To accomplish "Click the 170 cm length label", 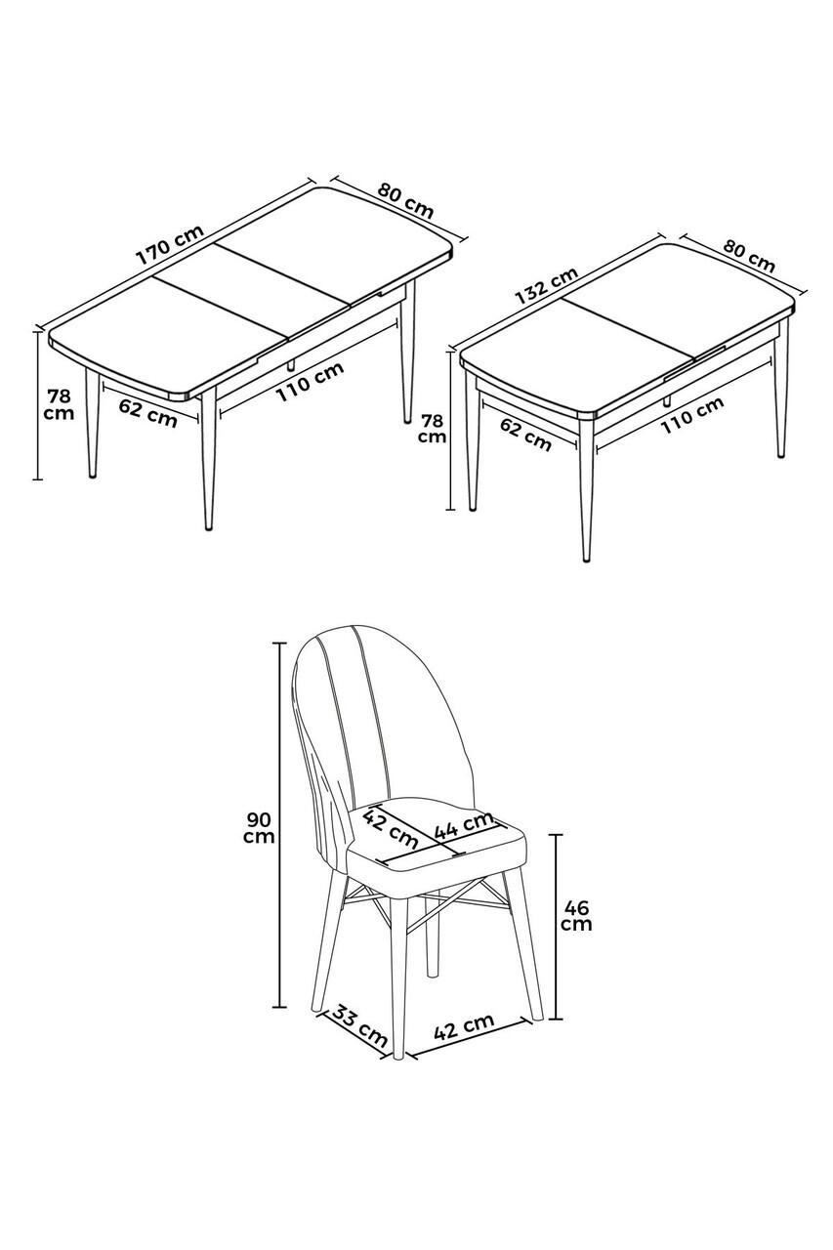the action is tap(170, 245).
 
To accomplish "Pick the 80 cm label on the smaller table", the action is tap(749, 256).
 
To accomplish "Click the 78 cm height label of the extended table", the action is tap(60, 405).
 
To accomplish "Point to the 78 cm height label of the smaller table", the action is tap(432, 428).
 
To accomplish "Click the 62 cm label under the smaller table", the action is tap(525, 435).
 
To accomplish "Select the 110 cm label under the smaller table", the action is tap(692, 415).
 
